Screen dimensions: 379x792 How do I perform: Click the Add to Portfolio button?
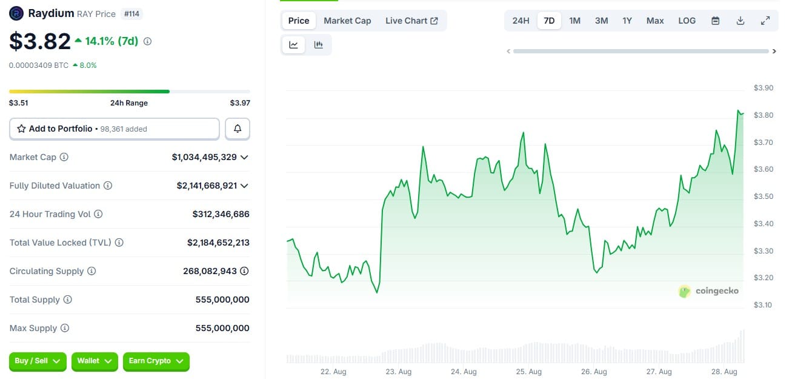point(115,129)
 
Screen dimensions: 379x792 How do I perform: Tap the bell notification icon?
point(238,129)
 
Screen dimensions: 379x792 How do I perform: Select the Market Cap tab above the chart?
point(347,21)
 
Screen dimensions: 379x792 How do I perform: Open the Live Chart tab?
point(411,21)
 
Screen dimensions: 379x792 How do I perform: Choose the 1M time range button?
point(574,21)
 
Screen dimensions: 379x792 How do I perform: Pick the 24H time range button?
point(521,21)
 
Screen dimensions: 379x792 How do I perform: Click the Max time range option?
point(655,21)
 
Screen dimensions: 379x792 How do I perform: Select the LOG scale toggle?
point(687,21)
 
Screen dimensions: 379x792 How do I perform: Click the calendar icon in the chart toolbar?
point(715,21)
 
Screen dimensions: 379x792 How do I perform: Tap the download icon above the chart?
point(740,21)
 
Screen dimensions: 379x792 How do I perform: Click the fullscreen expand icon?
point(765,21)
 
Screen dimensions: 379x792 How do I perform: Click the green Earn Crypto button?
point(156,361)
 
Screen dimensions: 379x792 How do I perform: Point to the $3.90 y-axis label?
point(763,88)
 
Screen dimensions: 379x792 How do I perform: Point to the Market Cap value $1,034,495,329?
point(204,157)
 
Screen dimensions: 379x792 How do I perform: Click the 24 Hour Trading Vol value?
point(221,214)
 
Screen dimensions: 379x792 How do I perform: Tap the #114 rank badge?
point(132,13)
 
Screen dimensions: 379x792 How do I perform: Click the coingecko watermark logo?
point(708,291)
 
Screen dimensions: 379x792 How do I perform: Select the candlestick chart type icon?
point(318,44)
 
